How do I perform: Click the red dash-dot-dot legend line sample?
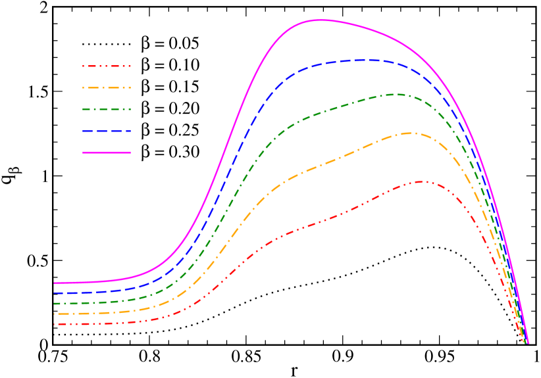click(107, 66)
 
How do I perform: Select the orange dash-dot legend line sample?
click(107, 87)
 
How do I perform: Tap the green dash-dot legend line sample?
click(107, 109)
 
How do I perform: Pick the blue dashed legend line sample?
click(107, 131)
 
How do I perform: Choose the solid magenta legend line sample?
click(107, 153)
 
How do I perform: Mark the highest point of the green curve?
click(396, 94)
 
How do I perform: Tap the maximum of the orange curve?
click(408, 133)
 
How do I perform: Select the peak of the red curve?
click(420, 181)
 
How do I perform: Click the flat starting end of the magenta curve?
click(55, 283)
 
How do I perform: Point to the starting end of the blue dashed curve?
click(55, 293)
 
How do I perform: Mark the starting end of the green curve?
click(55, 304)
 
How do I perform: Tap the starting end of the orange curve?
click(55, 314)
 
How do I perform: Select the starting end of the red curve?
click(55, 324)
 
